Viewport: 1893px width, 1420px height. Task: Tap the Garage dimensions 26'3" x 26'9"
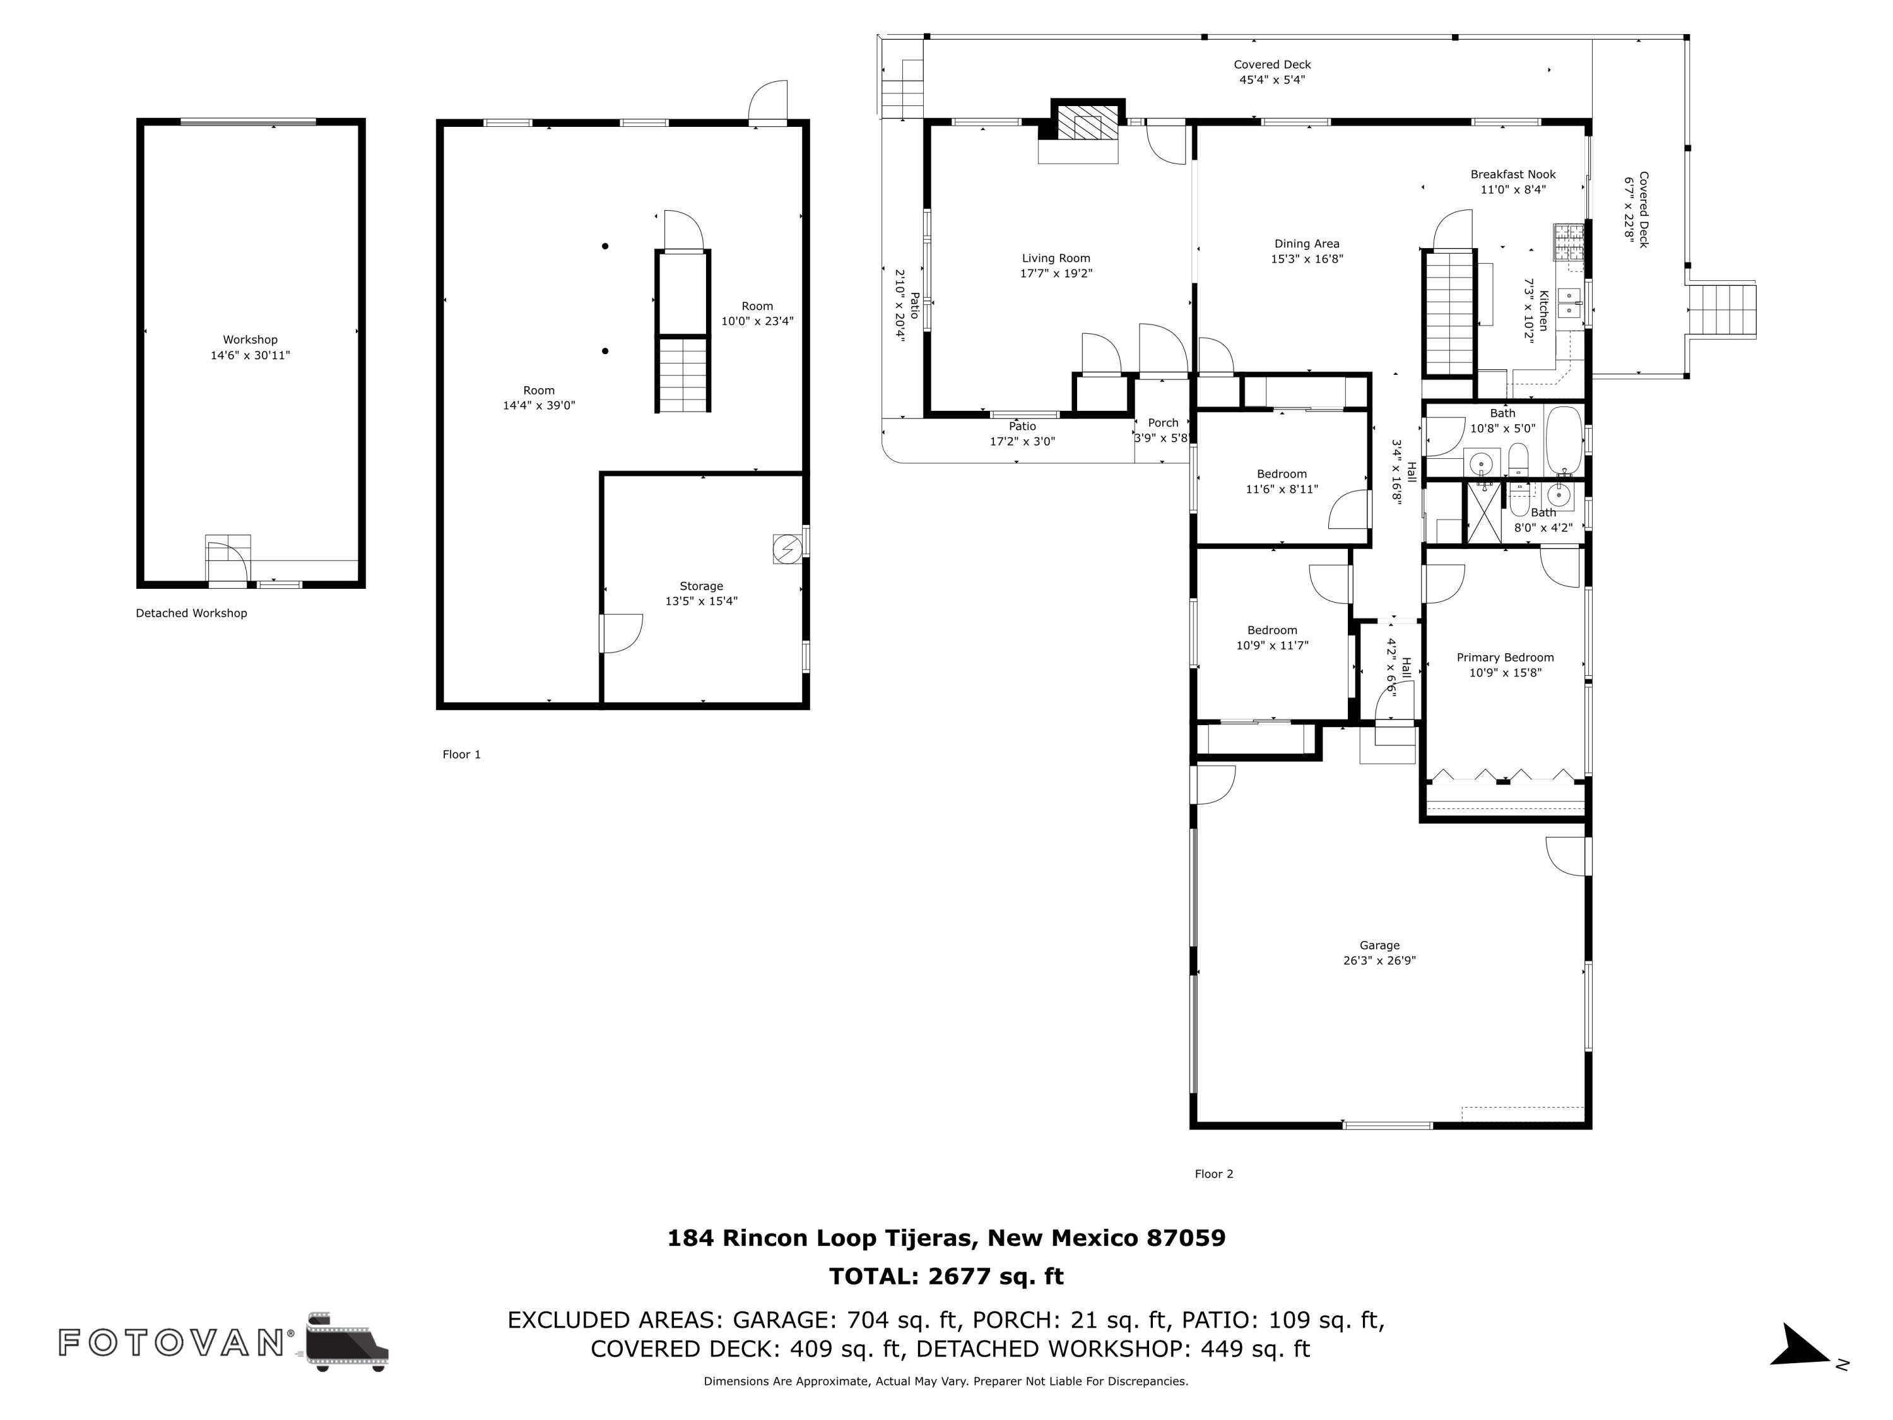pyautogui.click(x=1379, y=961)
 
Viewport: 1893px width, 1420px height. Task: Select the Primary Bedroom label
pyautogui.click(x=1504, y=658)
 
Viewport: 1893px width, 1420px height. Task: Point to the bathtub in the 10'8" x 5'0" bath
pyautogui.click(x=1564, y=440)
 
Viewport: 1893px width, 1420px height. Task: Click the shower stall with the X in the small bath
pyautogui.click(x=1484, y=512)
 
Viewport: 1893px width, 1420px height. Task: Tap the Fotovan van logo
pyautogui.click(x=346, y=1341)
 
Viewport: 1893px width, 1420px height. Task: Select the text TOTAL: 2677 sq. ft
pyautogui.click(x=946, y=1276)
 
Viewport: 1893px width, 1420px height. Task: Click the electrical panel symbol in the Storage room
pyautogui.click(x=786, y=548)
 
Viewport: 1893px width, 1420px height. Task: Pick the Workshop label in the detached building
pyautogui.click(x=250, y=340)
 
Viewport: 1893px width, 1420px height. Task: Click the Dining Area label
pyautogui.click(x=1306, y=244)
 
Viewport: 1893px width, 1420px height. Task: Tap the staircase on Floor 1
pyautogui.click(x=683, y=374)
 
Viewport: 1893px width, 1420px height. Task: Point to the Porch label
pyautogui.click(x=1162, y=423)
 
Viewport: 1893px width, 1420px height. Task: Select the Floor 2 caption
pyautogui.click(x=1213, y=1173)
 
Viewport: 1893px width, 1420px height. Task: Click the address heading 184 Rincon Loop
pyautogui.click(x=946, y=1238)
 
